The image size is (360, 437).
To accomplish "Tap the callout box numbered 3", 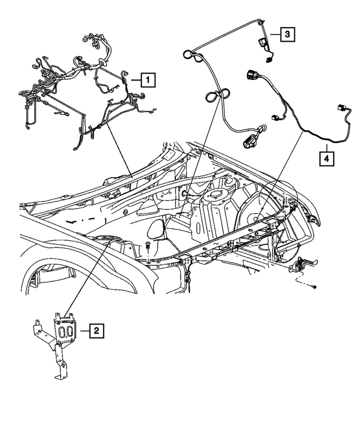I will (287, 35).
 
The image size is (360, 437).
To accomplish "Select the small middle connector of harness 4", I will (275, 118).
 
